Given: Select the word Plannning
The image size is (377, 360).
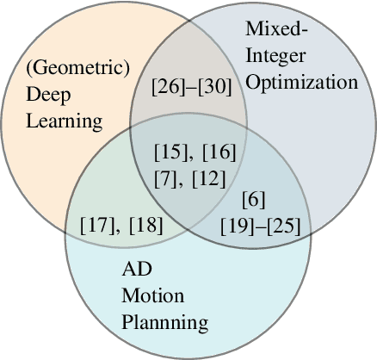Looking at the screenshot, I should [x=164, y=324].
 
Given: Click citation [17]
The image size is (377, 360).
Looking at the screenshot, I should [x=96, y=226].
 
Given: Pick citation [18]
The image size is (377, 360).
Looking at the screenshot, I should [x=144, y=226].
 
